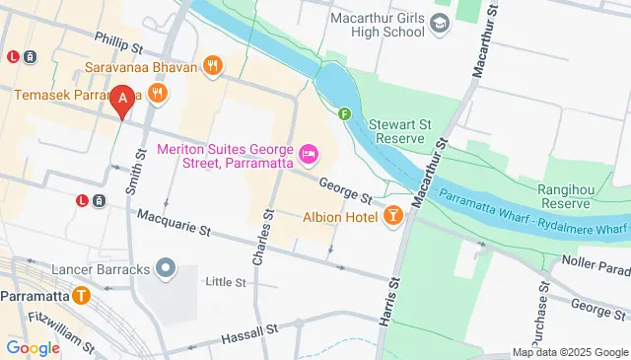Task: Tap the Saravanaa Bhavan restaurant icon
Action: pos(211,66)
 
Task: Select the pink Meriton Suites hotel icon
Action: pos(309,153)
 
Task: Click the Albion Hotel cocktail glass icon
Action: pos(393,215)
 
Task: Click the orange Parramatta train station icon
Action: pos(81,296)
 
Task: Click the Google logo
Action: pos(34,347)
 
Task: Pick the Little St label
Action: pos(225,282)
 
